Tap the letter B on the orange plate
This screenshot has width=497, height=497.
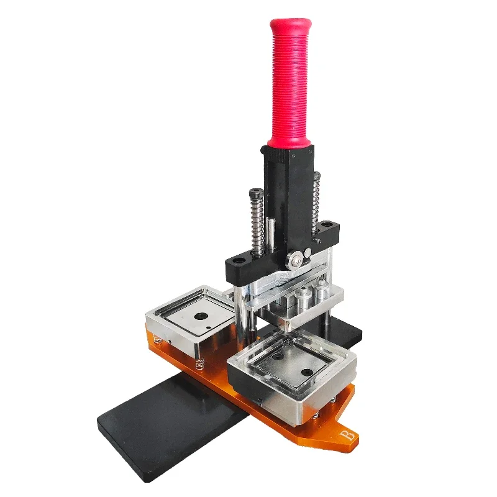348,435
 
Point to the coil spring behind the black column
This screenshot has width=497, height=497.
316,203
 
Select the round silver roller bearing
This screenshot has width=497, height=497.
294,260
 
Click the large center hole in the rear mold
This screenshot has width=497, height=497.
201,316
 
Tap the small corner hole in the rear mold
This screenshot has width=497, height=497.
208,328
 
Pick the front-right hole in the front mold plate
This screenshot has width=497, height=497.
306,372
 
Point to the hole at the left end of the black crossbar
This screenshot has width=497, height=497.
237,261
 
